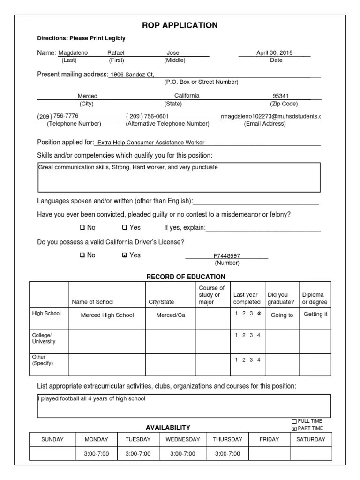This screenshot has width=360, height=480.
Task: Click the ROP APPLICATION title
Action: [x=180, y=25]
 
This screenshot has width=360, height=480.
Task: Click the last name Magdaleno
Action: [x=73, y=53]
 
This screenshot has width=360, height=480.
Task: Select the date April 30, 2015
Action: [x=274, y=53]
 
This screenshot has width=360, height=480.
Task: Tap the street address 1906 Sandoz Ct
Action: [x=132, y=75]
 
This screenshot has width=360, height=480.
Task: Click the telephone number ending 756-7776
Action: [x=58, y=116]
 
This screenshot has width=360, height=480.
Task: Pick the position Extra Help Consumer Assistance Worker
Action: [x=151, y=142]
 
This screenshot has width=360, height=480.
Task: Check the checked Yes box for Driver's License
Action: [x=124, y=255]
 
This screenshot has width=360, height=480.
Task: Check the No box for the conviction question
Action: [x=82, y=228]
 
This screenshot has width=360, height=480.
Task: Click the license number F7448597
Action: [x=227, y=256]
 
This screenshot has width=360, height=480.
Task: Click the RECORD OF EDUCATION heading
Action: [x=186, y=277]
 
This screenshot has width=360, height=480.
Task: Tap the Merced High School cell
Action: [x=107, y=315]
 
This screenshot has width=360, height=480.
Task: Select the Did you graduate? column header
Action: [x=281, y=299]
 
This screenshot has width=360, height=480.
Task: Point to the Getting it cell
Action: [x=315, y=315]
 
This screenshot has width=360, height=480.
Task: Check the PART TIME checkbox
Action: [x=294, y=428]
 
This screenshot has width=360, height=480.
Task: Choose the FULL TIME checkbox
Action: [x=294, y=421]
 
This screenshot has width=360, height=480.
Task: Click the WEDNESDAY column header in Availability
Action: [x=182, y=439]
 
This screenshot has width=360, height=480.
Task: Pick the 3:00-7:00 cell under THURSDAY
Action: [x=227, y=454]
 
